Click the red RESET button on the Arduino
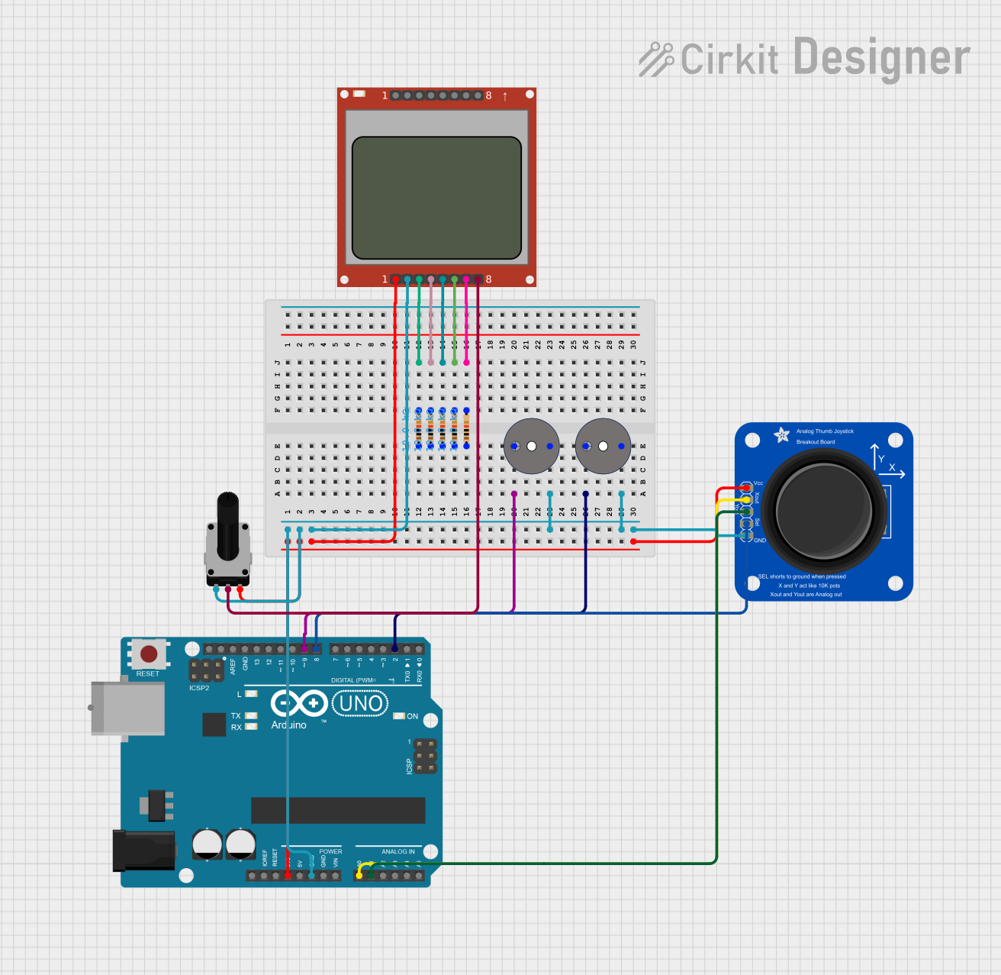(149, 654)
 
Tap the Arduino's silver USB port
(127, 708)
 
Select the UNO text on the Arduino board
(361, 703)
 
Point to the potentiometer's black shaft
(227, 527)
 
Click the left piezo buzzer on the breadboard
(532, 446)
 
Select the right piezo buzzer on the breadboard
(603, 446)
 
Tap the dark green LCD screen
(436, 198)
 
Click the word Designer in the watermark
(881, 58)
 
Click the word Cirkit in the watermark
(729, 60)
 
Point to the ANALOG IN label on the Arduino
(398, 851)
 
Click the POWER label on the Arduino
(330, 851)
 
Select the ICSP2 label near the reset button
(199, 688)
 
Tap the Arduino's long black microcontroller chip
(338, 810)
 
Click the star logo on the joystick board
(782, 435)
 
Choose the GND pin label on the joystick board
(760, 541)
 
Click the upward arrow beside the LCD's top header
(505, 96)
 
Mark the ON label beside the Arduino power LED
(413, 716)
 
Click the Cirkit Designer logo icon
(655, 60)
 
